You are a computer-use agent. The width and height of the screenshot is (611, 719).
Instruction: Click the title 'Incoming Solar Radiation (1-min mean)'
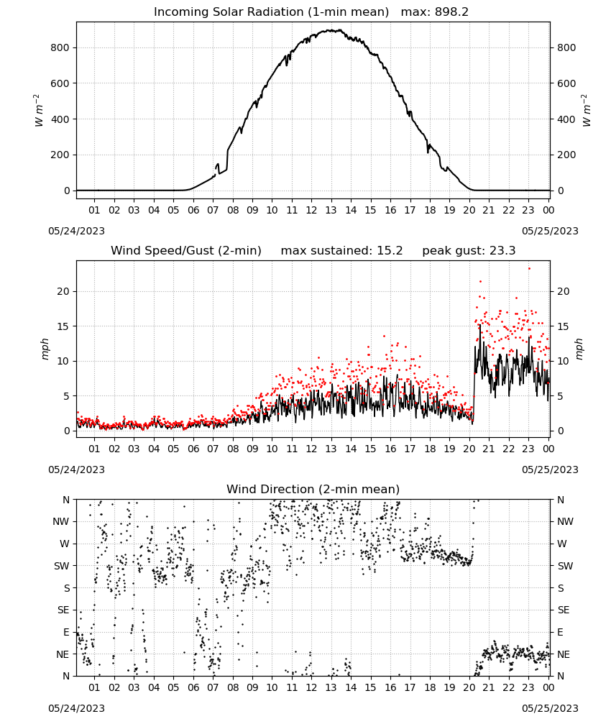(271, 12)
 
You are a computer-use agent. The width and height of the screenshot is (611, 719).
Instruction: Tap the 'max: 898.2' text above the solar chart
(435, 12)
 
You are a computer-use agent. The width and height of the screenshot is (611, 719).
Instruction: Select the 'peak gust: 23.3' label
(469, 251)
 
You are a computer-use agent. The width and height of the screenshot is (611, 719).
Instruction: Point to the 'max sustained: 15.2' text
(342, 251)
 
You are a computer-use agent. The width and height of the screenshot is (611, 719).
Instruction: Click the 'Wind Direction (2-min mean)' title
(313, 489)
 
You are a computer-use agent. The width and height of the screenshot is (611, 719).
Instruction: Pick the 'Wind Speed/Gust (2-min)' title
(186, 251)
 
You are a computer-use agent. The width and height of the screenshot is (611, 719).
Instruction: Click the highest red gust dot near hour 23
(529, 268)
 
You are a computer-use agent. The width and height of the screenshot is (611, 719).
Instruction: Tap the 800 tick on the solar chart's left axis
(60, 47)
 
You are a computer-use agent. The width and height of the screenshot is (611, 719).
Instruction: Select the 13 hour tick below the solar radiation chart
(331, 210)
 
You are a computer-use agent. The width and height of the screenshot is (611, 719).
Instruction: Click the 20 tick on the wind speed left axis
(63, 292)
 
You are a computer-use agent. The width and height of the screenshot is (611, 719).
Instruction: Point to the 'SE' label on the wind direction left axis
(63, 610)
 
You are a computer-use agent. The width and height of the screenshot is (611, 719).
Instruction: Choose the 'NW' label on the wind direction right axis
(565, 522)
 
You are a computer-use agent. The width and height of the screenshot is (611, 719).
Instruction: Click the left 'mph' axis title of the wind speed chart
(45, 349)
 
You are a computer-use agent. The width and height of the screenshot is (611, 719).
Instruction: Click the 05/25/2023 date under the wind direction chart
(550, 708)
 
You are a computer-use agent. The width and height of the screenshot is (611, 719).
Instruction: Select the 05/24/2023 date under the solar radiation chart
(76, 231)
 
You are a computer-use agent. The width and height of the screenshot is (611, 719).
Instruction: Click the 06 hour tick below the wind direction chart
(193, 687)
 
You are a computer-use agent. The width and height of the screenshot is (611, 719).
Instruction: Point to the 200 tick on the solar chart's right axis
(566, 155)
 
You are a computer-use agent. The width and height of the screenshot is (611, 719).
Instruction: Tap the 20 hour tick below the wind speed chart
(469, 449)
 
